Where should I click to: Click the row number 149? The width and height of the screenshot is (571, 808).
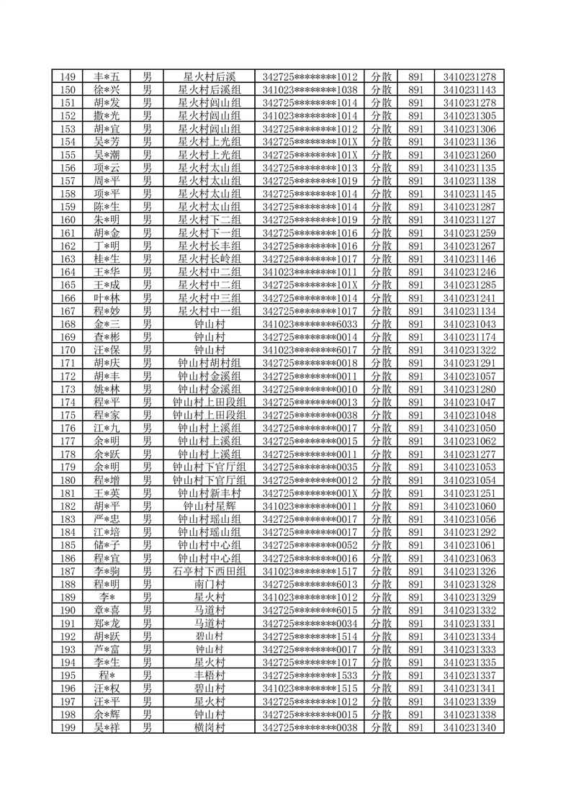(68, 77)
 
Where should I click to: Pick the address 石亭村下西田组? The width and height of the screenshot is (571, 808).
(210, 571)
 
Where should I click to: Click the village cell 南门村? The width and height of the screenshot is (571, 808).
(210, 584)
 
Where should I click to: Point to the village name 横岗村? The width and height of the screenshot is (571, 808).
(210, 727)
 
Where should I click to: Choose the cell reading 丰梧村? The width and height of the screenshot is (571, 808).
(210, 675)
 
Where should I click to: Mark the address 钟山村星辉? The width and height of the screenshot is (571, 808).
(210, 506)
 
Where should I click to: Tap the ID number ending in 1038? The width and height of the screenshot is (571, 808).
(310, 90)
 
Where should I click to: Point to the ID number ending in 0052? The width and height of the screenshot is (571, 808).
(310, 545)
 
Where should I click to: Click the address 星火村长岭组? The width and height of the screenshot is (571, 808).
(210, 259)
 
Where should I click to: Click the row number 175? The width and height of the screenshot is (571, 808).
(68, 415)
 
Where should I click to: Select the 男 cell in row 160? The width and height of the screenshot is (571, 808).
(147, 220)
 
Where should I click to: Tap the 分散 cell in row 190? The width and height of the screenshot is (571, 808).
(381, 610)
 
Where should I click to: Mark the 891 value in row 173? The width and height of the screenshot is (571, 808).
(415, 389)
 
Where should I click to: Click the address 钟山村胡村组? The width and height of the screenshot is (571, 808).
(210, 363)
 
